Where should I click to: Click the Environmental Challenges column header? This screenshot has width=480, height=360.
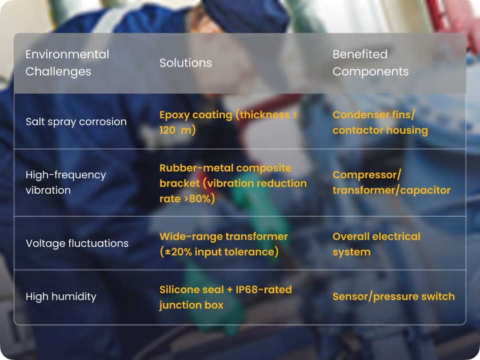point(67,63)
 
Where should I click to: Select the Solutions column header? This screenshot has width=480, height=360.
point(186,63)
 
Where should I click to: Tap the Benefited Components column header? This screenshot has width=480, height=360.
point(370,63)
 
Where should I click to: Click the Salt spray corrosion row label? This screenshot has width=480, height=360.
point(76,122)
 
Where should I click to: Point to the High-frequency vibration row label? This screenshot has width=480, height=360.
point(66,182)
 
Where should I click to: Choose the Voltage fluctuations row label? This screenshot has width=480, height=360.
point(77,243)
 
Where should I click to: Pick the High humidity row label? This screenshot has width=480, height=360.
point(61,297)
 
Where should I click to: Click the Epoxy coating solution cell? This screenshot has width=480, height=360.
point(228,122)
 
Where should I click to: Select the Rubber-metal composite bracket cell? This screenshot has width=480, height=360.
point(233,183)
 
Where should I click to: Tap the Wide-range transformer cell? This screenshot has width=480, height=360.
point(223,244)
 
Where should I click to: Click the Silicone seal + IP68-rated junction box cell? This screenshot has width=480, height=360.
point(226,297)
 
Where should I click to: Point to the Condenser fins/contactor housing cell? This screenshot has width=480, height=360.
point(380,122)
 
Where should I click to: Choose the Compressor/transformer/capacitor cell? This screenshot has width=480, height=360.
point(391,182)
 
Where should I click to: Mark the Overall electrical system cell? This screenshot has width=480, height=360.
point(377,244)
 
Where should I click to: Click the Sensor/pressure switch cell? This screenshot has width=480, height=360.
point(394,297)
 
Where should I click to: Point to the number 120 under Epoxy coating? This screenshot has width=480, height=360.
point(167,130)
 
